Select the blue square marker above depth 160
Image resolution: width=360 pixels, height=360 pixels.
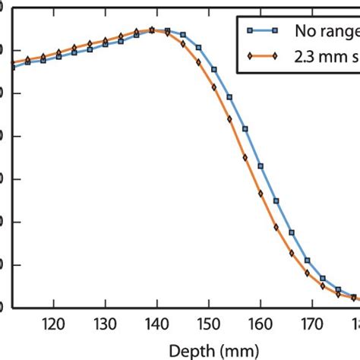pyautogui.click(x=261, y=166)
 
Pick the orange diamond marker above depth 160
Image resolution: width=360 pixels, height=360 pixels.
pyautogui.click(x=261, y=194)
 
